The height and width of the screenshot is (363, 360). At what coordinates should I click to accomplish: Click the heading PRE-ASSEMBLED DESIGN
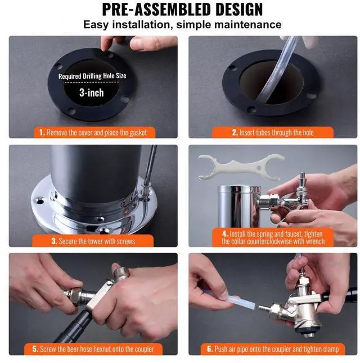click(x=182, y=9)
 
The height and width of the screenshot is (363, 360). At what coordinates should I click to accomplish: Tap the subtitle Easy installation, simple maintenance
click(x=182, y=25)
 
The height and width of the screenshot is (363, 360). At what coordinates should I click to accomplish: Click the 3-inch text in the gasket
click(x=92, y=93)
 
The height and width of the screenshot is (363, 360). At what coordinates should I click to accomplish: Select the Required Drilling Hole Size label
click(x=92, y=76)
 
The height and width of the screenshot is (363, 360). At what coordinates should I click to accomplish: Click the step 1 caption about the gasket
click(x=93, y=132)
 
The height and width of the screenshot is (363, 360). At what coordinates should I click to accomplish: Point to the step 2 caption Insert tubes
click(x=273, y=132)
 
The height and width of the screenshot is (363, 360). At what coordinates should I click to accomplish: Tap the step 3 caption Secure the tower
click(x=93, y=241)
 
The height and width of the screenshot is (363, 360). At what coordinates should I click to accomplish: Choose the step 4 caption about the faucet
click(x=273, y=237)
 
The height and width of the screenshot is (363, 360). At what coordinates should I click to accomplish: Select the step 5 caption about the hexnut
click(x=93, y=349)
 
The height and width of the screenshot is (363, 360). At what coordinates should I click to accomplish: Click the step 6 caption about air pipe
click(x=273, y=349)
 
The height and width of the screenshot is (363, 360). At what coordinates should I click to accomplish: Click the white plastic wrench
click(x=241, y=166)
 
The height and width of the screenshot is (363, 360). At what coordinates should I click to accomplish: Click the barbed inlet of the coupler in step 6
click(x=264, y=308)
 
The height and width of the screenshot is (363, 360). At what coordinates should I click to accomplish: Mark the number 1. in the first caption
click(x=42, y=133)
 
